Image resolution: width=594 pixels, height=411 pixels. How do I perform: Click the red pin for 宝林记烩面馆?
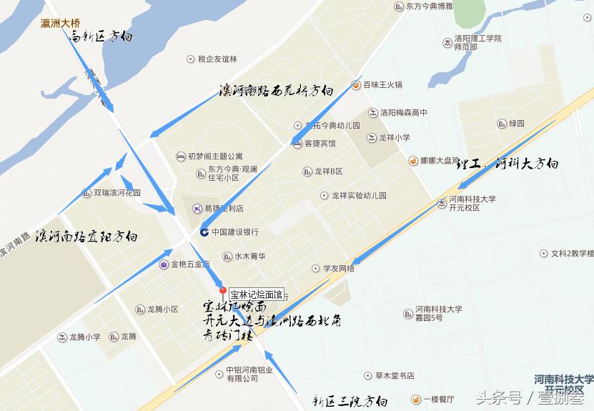pyautogui.click(x=223, y=292)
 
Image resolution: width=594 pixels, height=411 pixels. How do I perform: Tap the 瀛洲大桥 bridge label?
pyautogui.click(x=61, y=23)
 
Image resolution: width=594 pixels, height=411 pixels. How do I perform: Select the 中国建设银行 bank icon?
pyautogui.click(x=204, y=232)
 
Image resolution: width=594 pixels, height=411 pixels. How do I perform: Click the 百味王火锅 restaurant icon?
pyautogui.click(x=355, y=85)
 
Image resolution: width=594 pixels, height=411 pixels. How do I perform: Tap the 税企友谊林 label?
pyautogui.click(x=217, y=59)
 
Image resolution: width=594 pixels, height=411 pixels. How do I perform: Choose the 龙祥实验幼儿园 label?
pyautogui.click(x=358, y=195)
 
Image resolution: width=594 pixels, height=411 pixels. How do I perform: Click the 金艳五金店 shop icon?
pyautogui.click(x=164, y=264)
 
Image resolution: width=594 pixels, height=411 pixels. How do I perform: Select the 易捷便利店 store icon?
pyautogui.click(x=197, y=209)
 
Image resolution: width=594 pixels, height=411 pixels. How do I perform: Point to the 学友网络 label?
pyautogui.click(x=338, y=268)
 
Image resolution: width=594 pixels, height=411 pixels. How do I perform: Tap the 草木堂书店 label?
pyautogui.click(x=395, y=375)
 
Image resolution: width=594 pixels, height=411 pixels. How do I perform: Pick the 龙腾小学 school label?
pyautogui.click(x=84, y=337)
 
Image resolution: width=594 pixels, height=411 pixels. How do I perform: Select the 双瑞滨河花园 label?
pyautogui.click(x=117, y=192)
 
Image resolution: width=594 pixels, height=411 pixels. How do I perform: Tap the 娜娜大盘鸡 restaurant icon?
pyautogui.click(x=413, y=160)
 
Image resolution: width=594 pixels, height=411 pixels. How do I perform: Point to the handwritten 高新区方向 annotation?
pyautogui.click(x=103, y=36)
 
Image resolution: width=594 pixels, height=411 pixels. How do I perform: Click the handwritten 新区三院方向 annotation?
pyautogui.click(x=350, y=401)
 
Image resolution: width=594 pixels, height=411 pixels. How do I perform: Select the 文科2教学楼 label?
pyautogui.click(x=568, y=253)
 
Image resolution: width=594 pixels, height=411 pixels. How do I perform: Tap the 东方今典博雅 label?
pyautogui.click(x=430, y=6)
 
